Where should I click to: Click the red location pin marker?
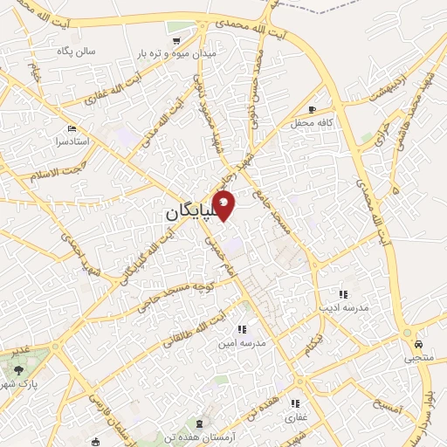(224, 205)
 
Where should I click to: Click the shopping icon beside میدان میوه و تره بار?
(177, 40)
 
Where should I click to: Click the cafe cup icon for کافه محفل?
(313, 109)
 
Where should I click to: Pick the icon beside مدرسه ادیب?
(343, 295)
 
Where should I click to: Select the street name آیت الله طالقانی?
(196, 328)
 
